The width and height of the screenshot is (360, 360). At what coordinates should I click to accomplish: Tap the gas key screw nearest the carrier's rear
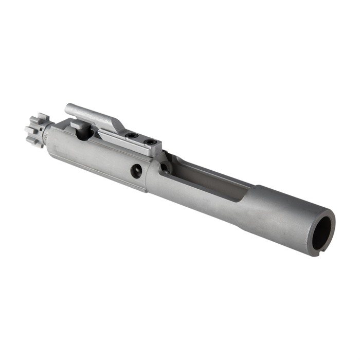150,141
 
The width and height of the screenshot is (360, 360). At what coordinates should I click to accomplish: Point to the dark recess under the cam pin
84,134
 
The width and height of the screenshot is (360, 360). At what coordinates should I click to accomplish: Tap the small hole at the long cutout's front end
164,167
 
